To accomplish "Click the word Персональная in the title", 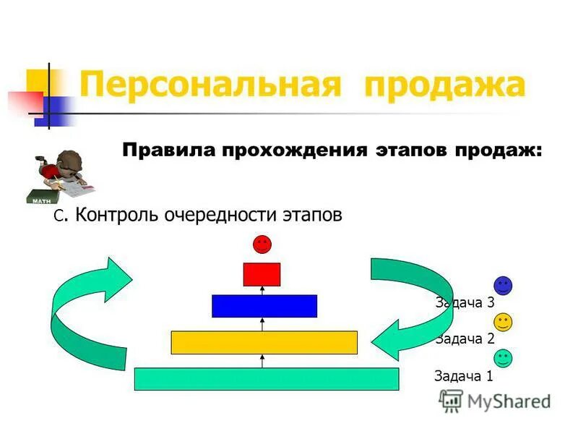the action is (210, 85).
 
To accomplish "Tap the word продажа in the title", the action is (445, 85).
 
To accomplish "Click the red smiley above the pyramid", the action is (262, 244).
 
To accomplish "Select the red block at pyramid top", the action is (262, 274).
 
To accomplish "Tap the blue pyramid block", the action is (264, 306).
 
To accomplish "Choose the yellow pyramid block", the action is (264, 342).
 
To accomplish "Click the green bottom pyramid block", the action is (267, 379).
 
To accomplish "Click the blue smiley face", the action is (503, 285).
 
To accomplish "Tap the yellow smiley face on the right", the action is (503, 322).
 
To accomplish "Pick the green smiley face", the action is (503, 358).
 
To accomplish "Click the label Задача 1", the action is (464, 375).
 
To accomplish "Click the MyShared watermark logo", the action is (496, 401).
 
